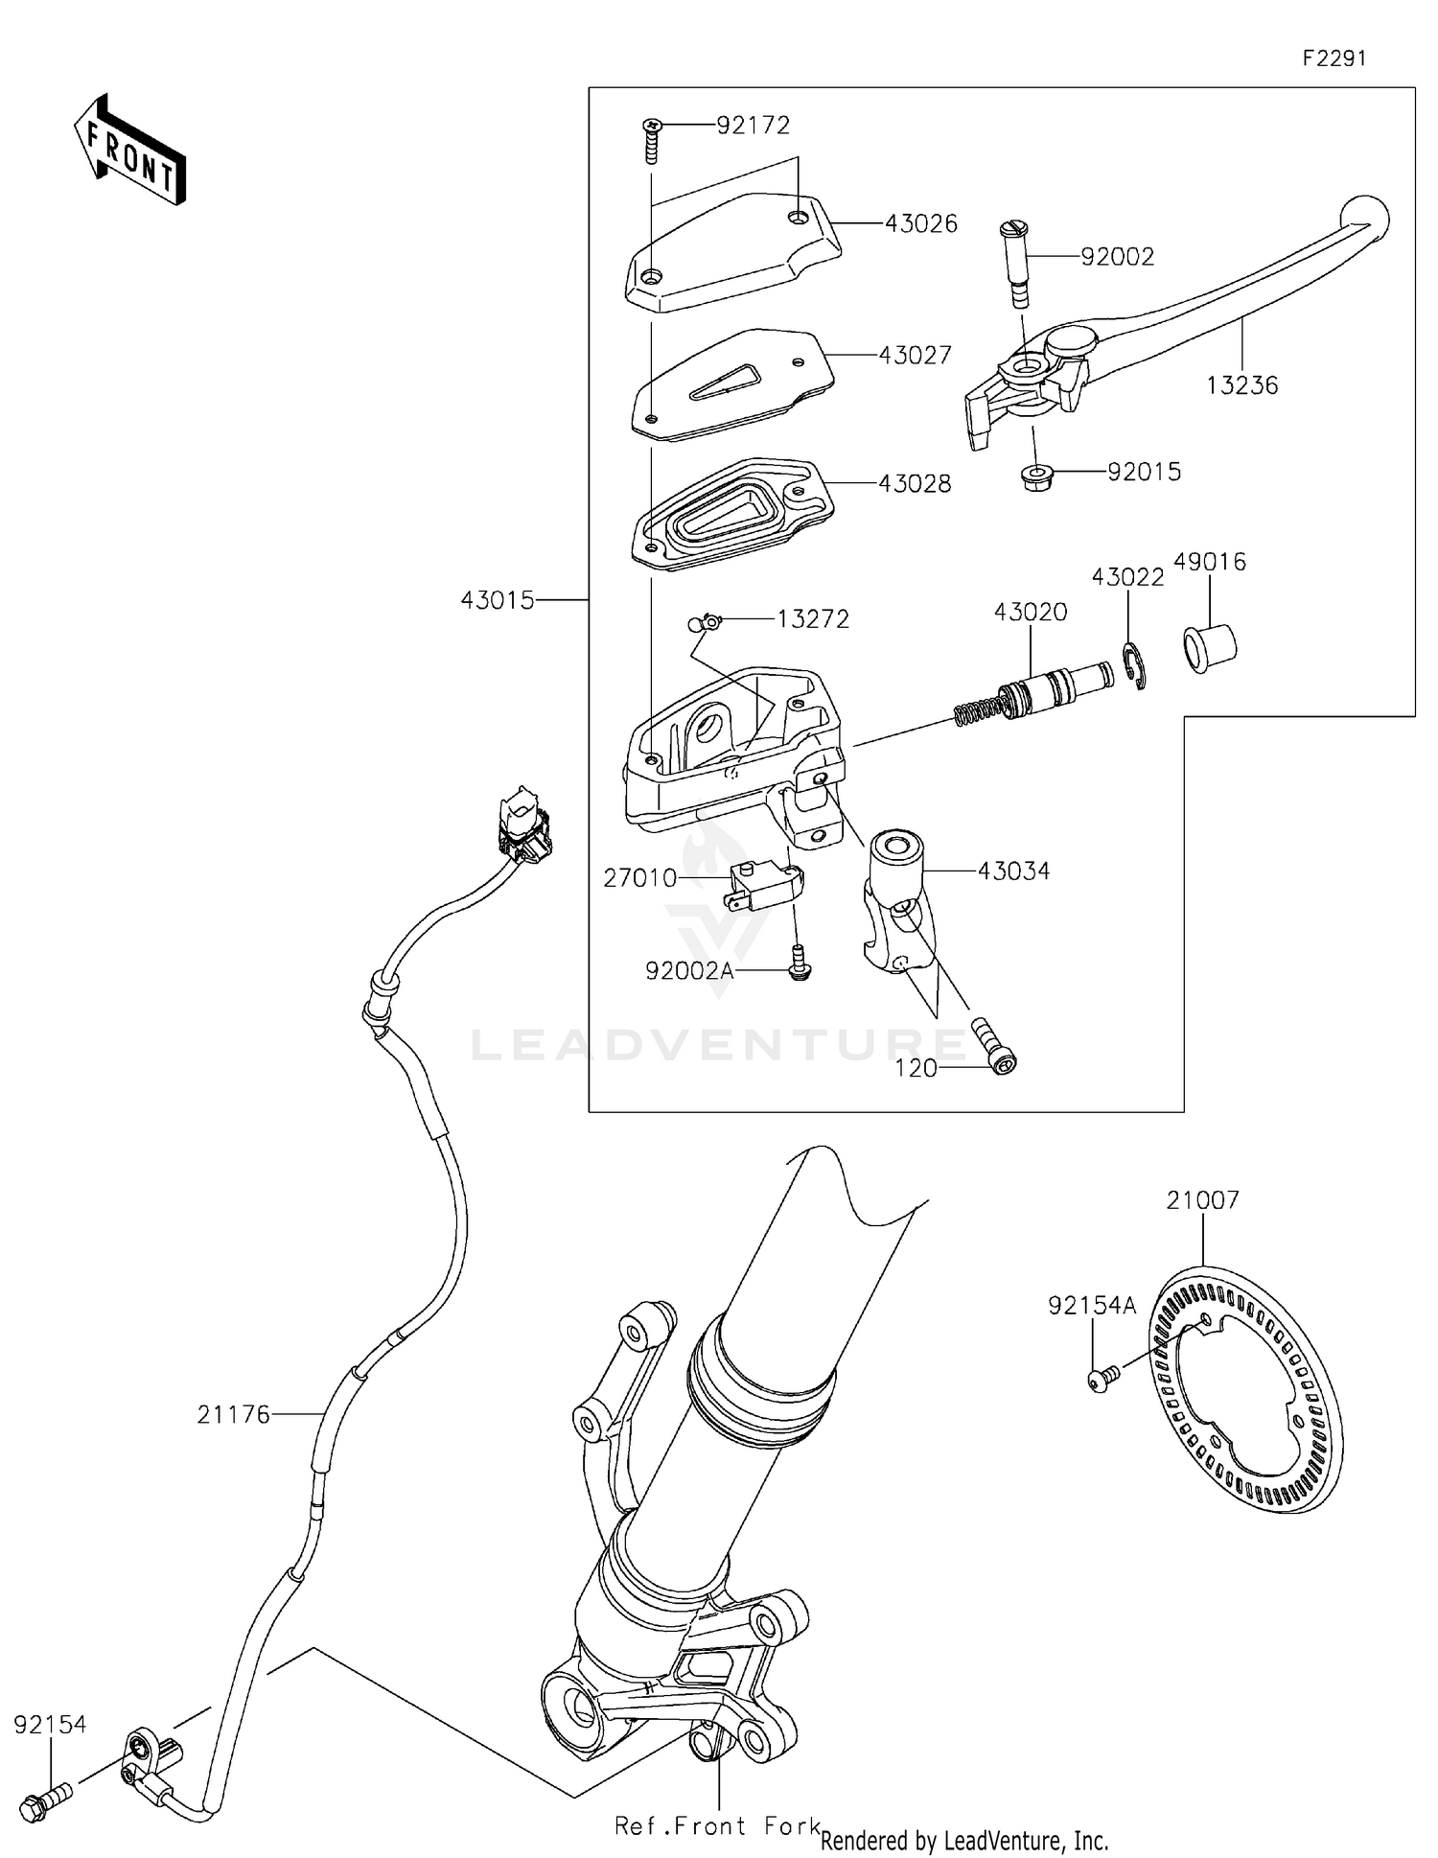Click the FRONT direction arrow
(x=129, y=151)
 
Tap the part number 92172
(x=753, y=125)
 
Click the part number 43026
(x=920, y=223)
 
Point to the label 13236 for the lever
(x=1241, y=385)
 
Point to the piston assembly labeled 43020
(x=1035, y=694)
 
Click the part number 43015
(x=497, y=601)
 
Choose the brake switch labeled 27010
(x=762, y=884)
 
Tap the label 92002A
(x=689, y=970)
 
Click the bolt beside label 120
(x=995, y=1047)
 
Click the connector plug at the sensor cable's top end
(x=522, y=825)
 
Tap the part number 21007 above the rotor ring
(x=1202, y=1199)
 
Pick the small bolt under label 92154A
(x=1102, y=1379)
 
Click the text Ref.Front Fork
(x=717, y=1826)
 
